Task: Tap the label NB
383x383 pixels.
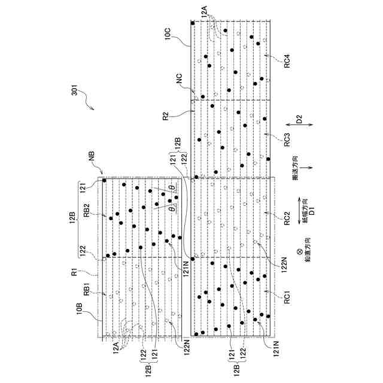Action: click(92, 157)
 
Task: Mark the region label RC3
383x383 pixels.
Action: click(287, 139)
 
